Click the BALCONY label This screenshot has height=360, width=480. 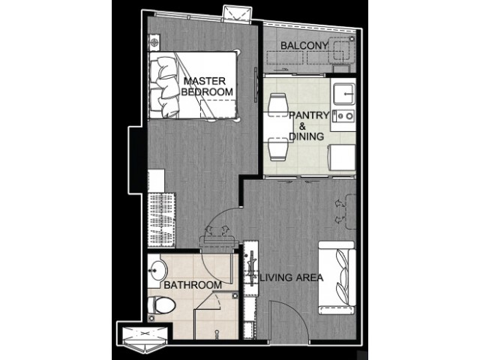(x=304, y=46)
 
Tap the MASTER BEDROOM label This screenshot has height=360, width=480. (x=207, y=86)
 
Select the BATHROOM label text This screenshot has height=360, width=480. (x=193, y=285)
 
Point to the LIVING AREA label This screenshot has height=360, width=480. (x=292, y=277)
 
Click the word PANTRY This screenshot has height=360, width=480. (x=309, y=115)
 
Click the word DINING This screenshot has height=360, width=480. (x=307, y=136)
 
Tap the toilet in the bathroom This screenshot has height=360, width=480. (x=162, y=305)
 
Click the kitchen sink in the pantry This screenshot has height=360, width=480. (x=343, y=94)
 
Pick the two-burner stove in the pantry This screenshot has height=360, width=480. (x=343, y=115)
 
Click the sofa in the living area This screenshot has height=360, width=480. (x=337, y=277)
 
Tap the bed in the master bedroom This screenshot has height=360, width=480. (x=193, y=85)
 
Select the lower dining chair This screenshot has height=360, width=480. (x=278, y=149)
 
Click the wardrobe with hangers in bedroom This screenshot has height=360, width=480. (x=162, y=220)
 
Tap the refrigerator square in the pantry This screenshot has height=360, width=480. (x=343, y=157)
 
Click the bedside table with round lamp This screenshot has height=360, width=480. (x=154, y=41)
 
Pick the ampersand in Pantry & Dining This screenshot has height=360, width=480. (x=301, y=126)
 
